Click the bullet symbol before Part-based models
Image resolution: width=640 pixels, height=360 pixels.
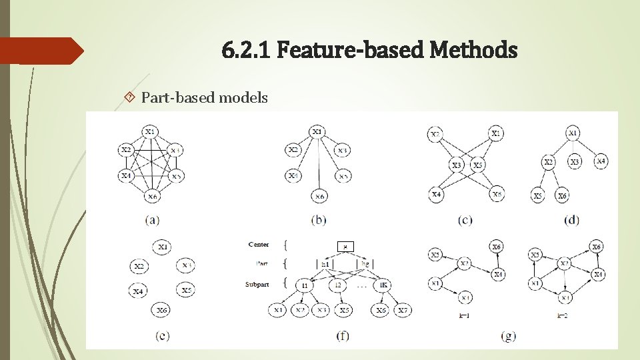point(130,98)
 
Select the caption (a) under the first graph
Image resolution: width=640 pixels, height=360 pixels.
point(153,219)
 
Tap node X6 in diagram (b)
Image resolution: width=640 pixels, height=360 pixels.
point(319,196)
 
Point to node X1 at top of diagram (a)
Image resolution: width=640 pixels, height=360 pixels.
point(151,131)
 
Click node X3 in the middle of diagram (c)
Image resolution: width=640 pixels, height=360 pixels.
point(457,164)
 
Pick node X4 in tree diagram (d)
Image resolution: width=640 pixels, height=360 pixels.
point(601,161)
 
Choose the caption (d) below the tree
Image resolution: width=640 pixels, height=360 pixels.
point(571,219)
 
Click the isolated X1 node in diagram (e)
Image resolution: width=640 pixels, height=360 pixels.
point(163,247)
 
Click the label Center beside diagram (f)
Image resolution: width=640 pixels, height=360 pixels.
point(258,245)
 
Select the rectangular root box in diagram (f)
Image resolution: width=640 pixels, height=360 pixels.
point(345,246)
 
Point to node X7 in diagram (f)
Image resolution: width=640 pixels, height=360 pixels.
point(402,311)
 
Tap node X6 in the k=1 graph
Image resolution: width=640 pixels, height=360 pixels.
point(497,247)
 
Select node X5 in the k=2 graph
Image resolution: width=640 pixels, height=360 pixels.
point(535,255)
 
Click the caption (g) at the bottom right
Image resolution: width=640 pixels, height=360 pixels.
point(509,336)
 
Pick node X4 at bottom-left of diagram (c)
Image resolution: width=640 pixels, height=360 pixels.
point(436,195)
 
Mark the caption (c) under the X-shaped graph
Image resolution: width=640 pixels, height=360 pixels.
point(463,219)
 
